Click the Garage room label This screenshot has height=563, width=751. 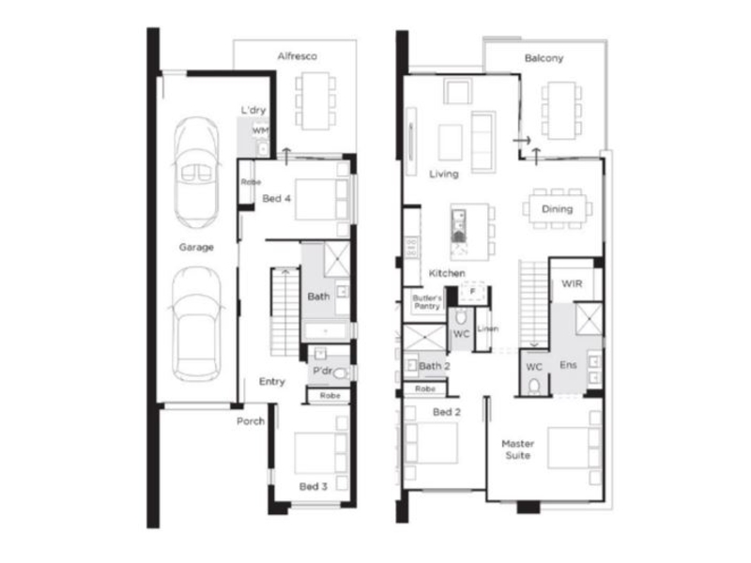[196, 248]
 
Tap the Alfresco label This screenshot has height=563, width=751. [297, 56]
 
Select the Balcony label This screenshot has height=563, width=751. [544, 58]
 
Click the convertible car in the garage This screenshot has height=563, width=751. [196, 173]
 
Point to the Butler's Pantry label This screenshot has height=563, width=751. [427, 302]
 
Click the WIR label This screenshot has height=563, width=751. [572, 283]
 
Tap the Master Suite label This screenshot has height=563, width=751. [518, 449]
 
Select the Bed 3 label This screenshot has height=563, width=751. [314, 486]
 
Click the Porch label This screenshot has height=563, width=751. [251, 421]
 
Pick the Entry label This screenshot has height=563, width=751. [271, 382]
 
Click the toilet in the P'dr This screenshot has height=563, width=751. [341, 373]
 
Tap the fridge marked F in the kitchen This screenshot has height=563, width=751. [472, 292]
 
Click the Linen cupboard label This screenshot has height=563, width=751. [487, 328]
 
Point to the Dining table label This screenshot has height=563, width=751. [557, 209]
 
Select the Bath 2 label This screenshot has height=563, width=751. [434, 366]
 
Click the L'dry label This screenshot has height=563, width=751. [253, 110]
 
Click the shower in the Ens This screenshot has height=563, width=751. [589, 318]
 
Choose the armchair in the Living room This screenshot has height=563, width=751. [457, 91]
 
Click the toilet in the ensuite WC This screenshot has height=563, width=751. [533, 386]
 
